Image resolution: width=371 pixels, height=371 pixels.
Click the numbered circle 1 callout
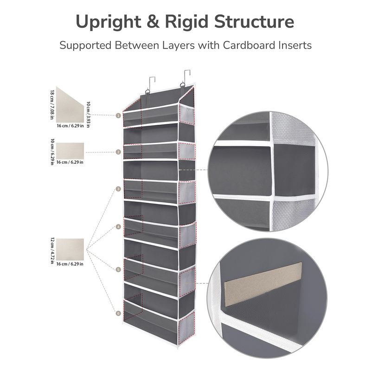point(119,115)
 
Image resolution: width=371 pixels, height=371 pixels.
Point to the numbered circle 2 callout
point(119,152)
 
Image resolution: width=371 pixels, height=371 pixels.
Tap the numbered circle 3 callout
point(119,189)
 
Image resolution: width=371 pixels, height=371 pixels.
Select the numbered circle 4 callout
point(119,227)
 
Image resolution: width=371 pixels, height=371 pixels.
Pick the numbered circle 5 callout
point(119,269)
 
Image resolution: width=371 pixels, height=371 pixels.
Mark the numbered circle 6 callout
point(119,313)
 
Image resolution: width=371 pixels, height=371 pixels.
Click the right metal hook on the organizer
point(186,79)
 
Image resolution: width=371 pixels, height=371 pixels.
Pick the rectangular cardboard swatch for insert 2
point(70,151)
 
